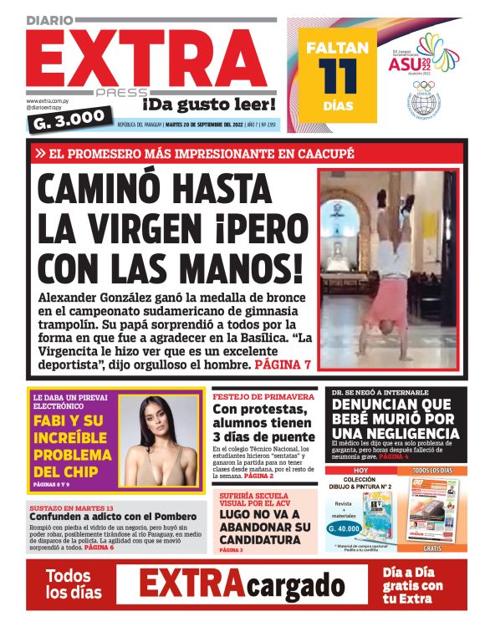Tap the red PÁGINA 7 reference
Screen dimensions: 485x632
pos(283,364)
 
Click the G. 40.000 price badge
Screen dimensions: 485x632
pos(344,528)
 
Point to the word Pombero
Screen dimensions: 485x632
pos(171,517)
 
